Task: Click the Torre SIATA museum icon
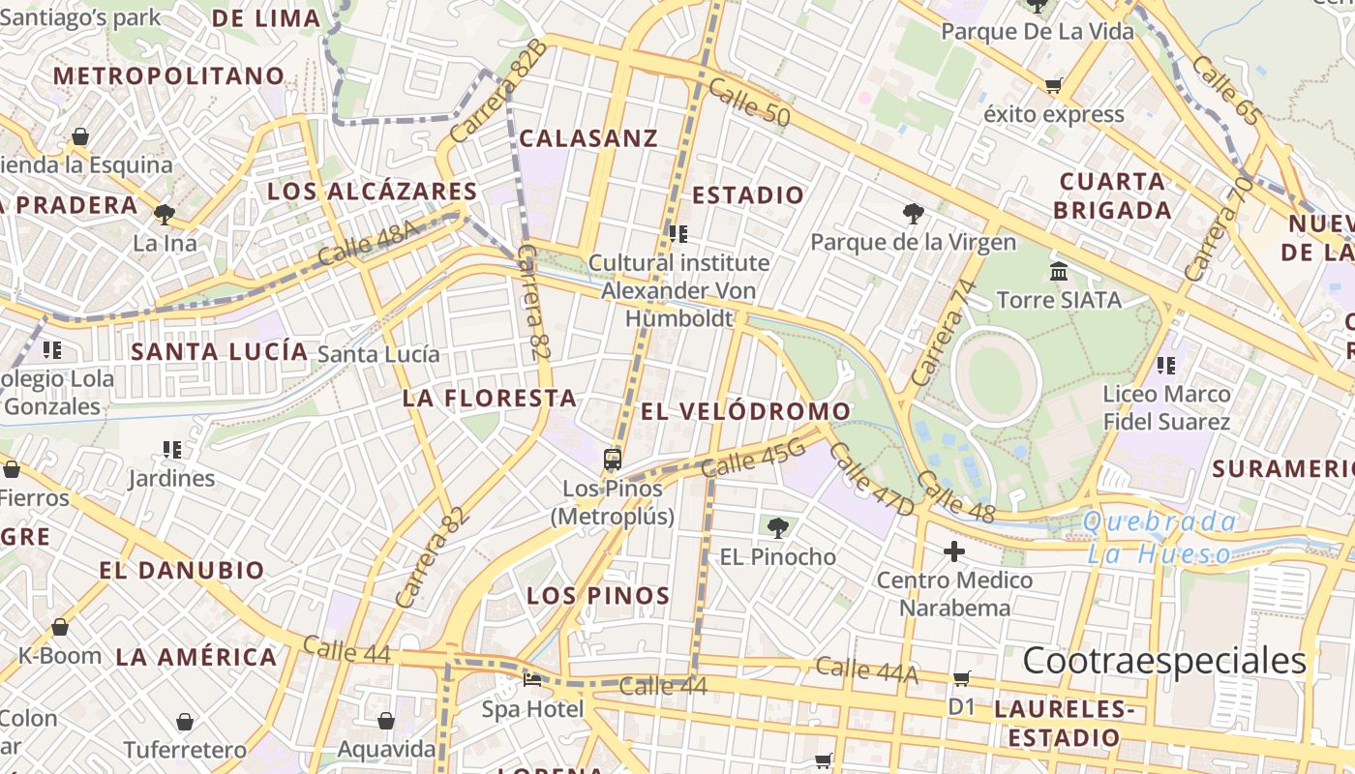pos(1058,271)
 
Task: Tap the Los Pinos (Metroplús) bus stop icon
pos(612,459)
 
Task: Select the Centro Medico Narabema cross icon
pos(954,551)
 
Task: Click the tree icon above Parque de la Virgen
pos(913,213)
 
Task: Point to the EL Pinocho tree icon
pos(776,527)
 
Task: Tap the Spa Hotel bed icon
pos(532,679)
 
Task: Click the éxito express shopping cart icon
pos(1053,86)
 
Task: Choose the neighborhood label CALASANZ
pos(588,138)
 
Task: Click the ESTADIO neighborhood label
pos(748,195)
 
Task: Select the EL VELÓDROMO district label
pos(745,411)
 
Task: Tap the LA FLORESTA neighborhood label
pos(490,398)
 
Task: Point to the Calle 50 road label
pos(749,103)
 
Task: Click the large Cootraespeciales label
pos(1164,661)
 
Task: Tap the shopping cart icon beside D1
pos(961,678)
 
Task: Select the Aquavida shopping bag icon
pos(386,721)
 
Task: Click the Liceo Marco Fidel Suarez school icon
pos(1166,366)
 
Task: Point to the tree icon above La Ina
pos(165,214)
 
